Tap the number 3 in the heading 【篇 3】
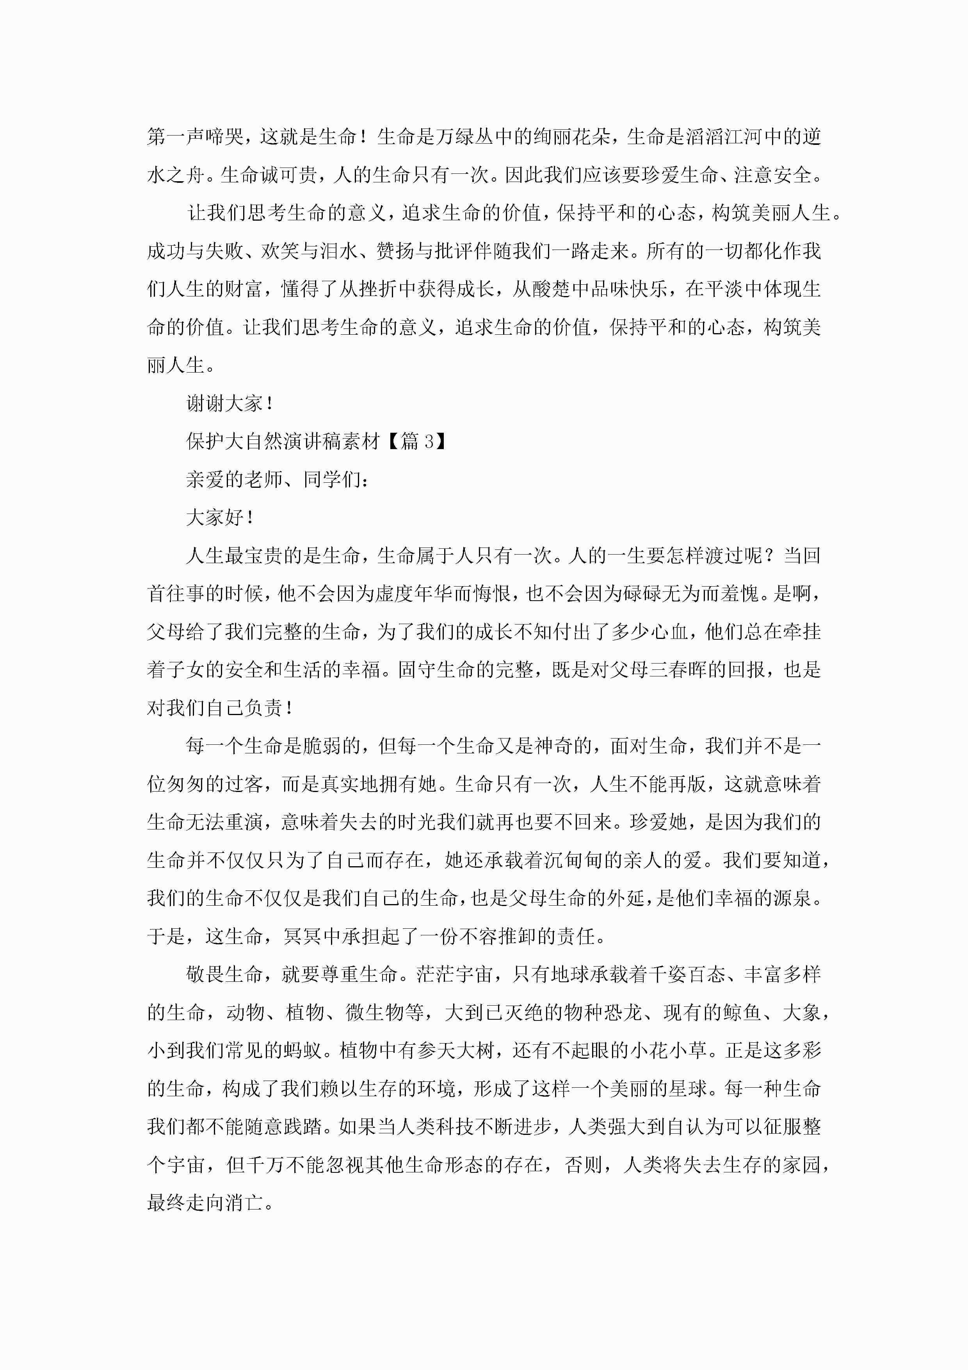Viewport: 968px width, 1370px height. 429,442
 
